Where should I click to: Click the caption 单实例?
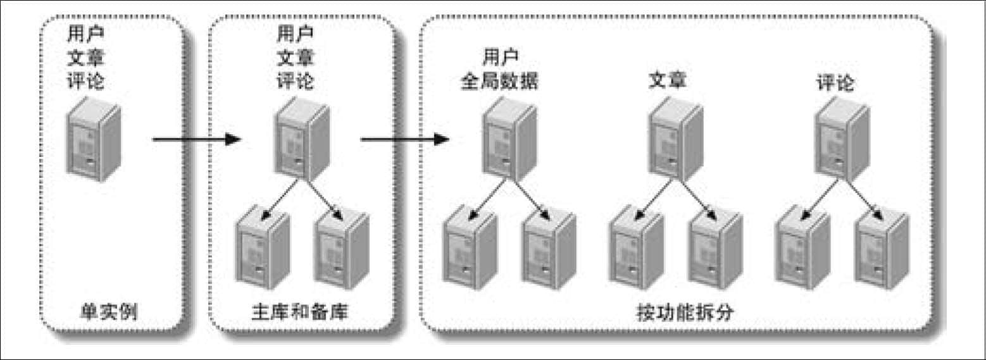click(x=109, y=311)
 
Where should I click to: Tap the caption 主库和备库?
click(x=300, y=311)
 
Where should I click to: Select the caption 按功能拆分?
click(x=685, y=313)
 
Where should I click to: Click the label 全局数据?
click(x=499, y=81)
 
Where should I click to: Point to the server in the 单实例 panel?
click(x=93, y=139)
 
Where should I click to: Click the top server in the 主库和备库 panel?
click(x=303, y=139)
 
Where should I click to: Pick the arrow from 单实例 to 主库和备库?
click(x=197, y=140)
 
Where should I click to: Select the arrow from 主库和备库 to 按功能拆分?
click(x=405, y=140)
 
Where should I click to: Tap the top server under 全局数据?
click(x=510, y=139)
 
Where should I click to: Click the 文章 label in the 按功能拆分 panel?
click(x=668, y=80)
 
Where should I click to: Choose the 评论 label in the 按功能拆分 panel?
click(x=835, y=83)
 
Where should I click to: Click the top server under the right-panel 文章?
click(x=676, y=139)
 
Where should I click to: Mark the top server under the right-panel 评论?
click(x=842, y=139)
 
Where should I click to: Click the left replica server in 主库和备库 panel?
click(x=263, y=247)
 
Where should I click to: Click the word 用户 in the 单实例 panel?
click(x=85, y=34)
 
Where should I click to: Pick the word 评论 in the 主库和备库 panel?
click(x=296, y=81)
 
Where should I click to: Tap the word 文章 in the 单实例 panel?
click(x=85, y=57)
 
